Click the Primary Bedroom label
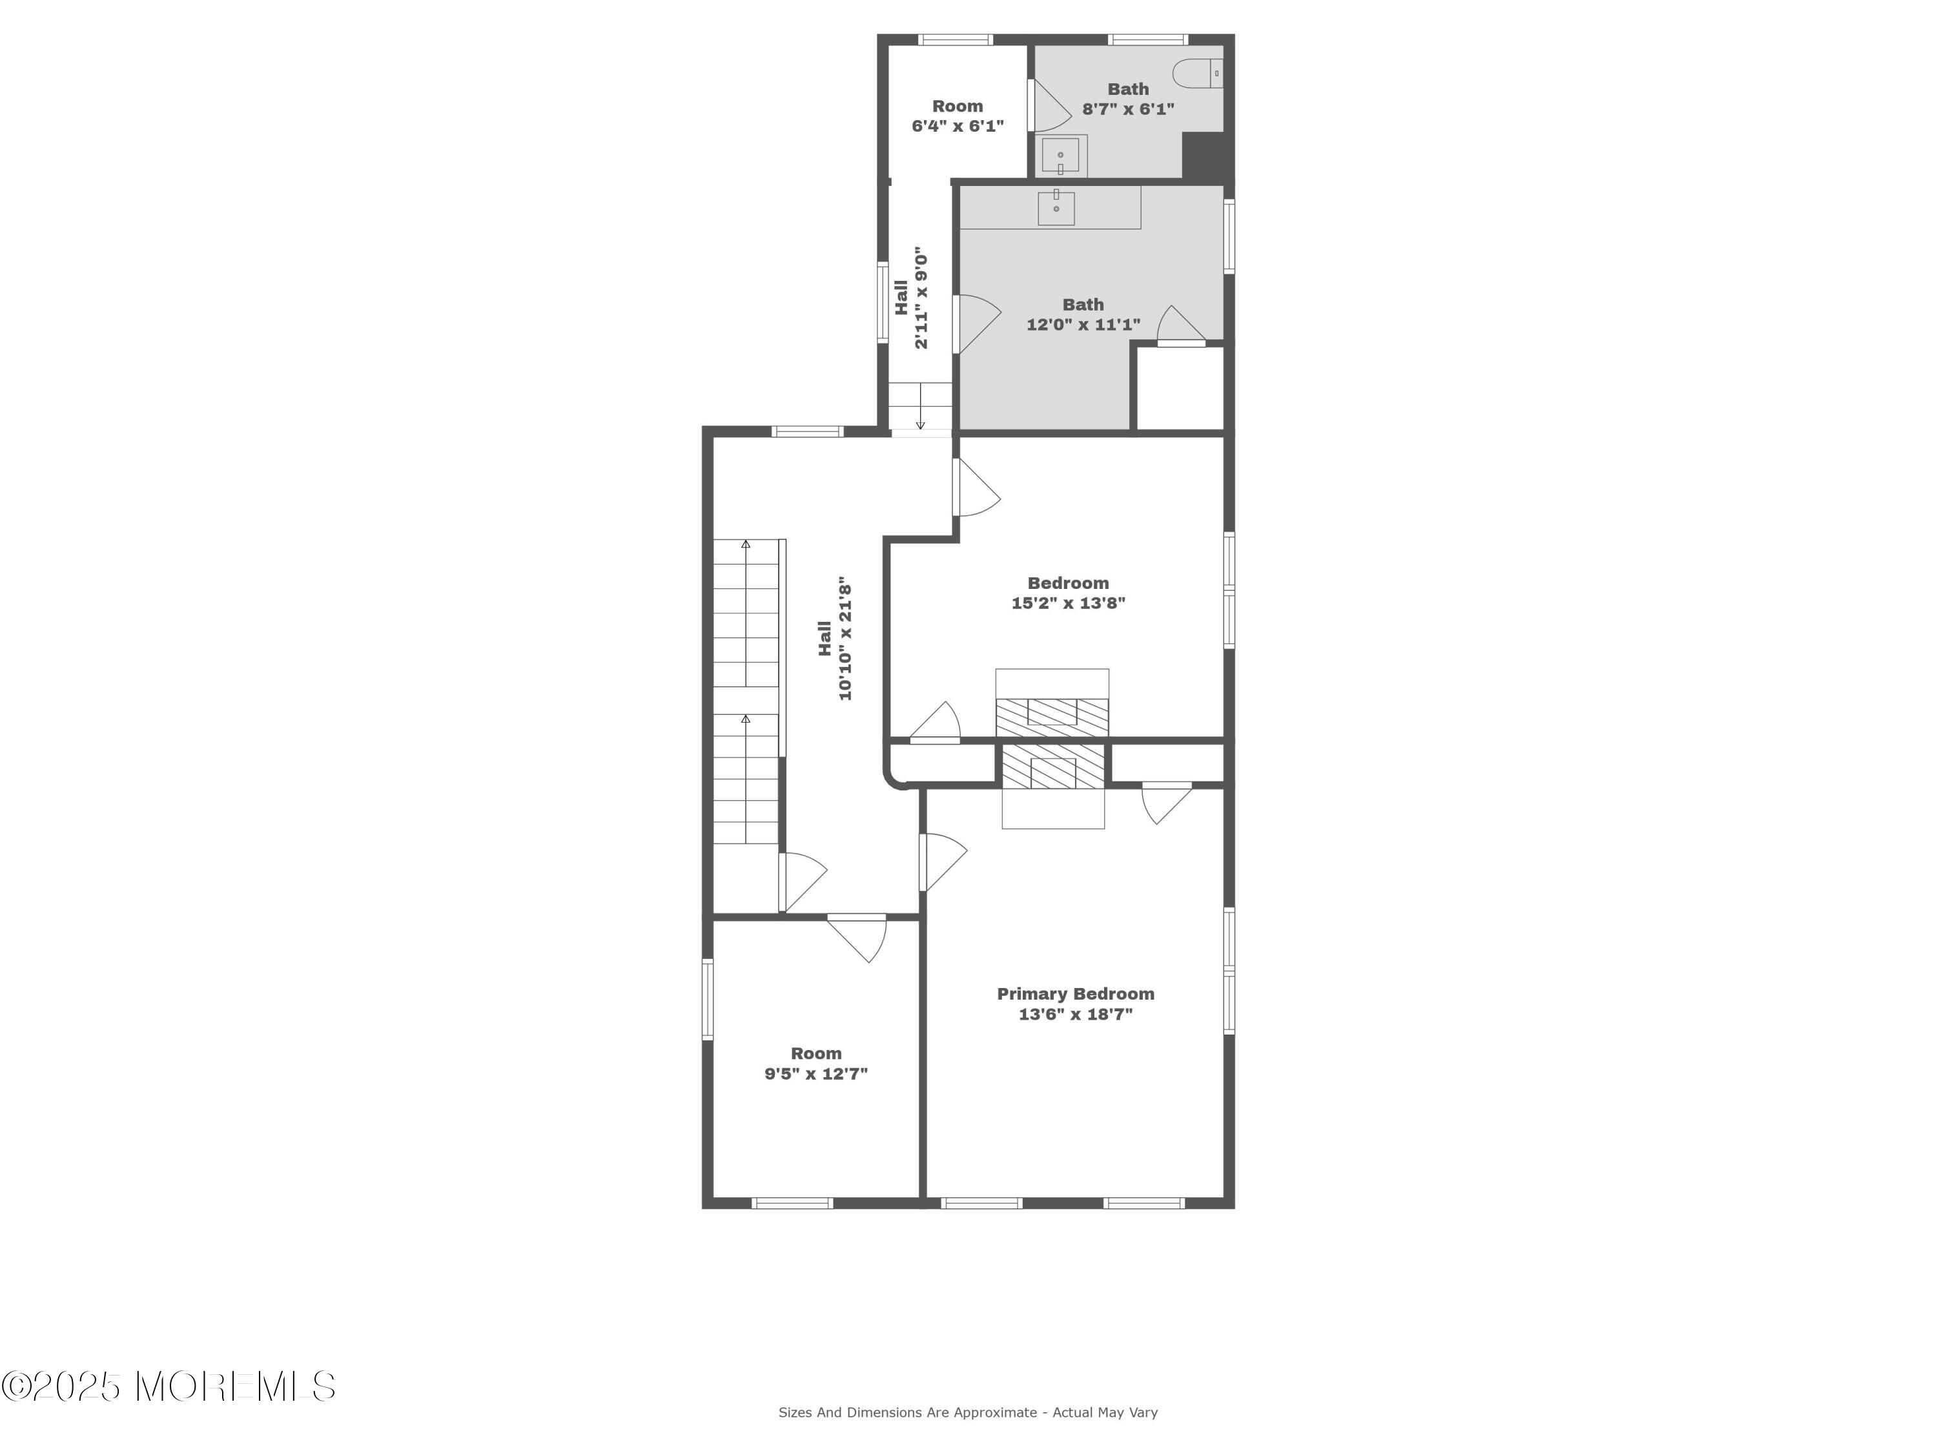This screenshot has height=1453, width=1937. [x=1075, y=994]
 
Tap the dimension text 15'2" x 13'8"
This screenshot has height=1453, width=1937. [x=1069, y=603]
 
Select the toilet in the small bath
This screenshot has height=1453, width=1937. [x=1197, y=74]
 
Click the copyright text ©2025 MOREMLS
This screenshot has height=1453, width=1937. [x=168, y=1387]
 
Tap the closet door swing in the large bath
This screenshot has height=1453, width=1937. [x=1180, y=324]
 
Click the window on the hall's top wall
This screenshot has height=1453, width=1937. [x=807, y=431]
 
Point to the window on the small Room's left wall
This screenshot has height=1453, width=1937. [x=708, y=999]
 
